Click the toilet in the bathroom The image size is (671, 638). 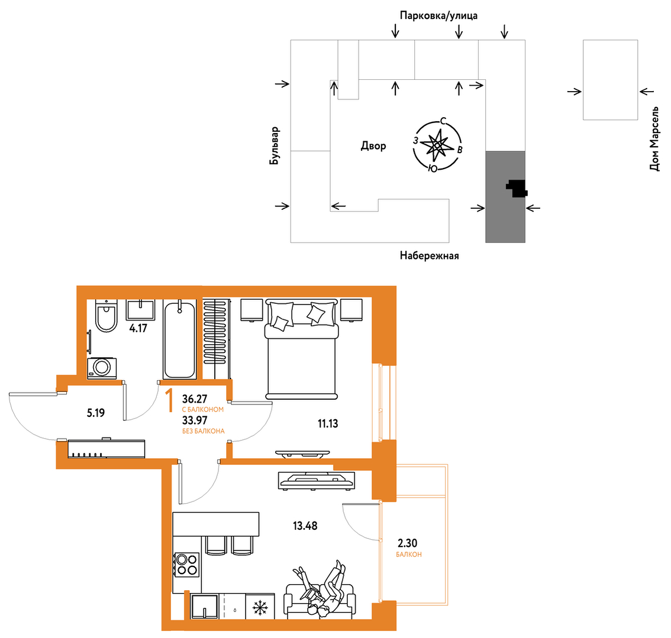coord(106,316)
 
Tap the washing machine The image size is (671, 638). coord(102,368)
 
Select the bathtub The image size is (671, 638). coord(180,339)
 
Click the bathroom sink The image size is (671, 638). coord(140,309)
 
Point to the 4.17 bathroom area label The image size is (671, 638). coord(138,328)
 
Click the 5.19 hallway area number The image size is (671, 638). coord(96,413)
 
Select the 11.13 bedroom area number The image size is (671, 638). coord(328,423)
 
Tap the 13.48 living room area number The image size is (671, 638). coord(305,526)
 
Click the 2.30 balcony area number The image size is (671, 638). coord(407,543)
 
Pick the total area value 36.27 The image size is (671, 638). coord(195,399)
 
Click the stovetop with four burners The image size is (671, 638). coord(187,565)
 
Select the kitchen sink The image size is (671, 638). coord(205,606)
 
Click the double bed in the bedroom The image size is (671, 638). coord(301,349)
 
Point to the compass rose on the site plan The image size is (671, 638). coord(437,145)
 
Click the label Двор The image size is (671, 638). coord(373,146)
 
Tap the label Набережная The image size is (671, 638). coord(429,255)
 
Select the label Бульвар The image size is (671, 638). coord(275,145)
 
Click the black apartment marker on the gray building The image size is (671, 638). coord(517,188)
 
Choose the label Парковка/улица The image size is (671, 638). coord(438,16)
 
